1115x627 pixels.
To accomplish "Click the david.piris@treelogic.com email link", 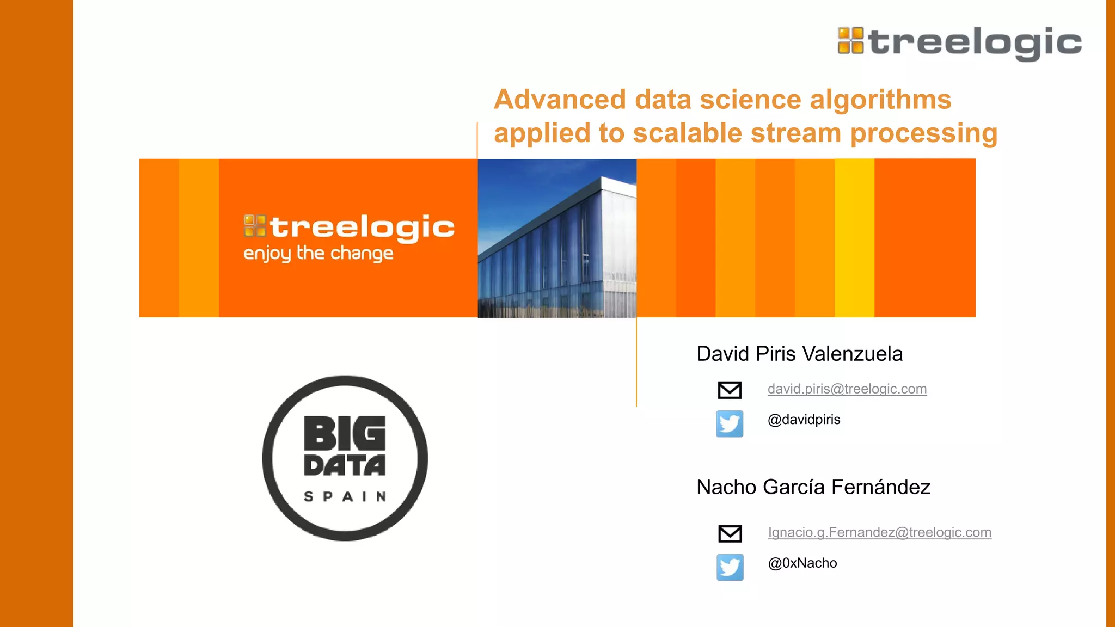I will point(847,389).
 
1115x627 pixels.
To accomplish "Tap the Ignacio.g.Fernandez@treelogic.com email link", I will point(879,532).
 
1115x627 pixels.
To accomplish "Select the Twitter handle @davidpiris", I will point(804,420).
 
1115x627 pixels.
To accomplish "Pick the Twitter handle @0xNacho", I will point(802,563).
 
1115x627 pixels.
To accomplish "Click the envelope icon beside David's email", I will point(730,390).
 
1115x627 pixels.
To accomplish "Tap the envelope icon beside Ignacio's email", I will point(730,533).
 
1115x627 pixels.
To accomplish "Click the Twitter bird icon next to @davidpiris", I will point(730,423).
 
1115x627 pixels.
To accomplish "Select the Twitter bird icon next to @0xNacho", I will point(730,567).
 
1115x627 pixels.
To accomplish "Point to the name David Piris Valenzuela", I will point(799,354).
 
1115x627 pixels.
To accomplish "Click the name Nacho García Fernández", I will point(813,487).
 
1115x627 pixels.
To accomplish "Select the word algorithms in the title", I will point(880,100).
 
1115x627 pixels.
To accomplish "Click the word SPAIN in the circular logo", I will point(345,496).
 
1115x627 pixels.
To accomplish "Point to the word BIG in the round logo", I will point(345,434).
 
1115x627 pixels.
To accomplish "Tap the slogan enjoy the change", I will point(318,254).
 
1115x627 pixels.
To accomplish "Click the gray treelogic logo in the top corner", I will point(959,42).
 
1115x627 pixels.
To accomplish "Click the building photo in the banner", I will point(557,238).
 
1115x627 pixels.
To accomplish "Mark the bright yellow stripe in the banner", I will point(854,238).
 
